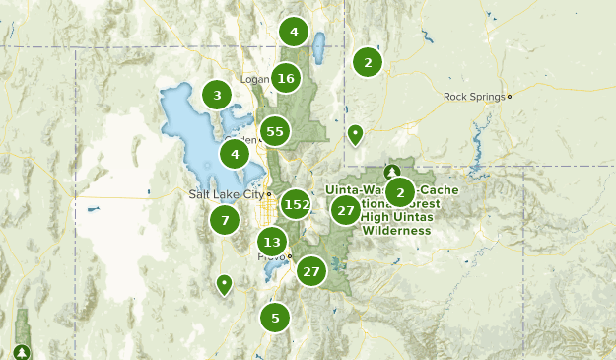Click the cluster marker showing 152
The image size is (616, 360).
(x=296, y=205)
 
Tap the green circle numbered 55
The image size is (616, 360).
(x=275, y=131)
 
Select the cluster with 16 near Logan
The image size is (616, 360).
(x=286, y=78)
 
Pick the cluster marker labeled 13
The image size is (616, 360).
(x=273, y=242)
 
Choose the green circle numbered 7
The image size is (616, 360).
(x=225, y=220)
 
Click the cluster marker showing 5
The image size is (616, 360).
(x=275, y=318)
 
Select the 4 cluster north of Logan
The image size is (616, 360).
(x=294, y=32)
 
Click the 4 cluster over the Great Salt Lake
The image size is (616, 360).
(x=235, y=154)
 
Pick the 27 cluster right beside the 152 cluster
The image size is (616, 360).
(x=345, y=209)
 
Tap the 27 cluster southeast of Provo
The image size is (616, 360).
(x=311, y=271)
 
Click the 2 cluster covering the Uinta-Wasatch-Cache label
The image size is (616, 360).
(x=399, y=191)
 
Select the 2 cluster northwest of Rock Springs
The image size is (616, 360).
(x=368, y=62)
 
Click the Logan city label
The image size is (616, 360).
(x=254, y=79)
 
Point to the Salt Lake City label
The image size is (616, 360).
(x=227, y=194)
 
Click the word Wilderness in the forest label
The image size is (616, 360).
(x=396, y=231)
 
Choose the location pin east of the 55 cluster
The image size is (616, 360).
(x=355, y=134)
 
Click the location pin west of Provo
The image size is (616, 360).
(x=225, y=285)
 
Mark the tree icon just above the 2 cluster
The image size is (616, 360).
(x=391, y=172)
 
